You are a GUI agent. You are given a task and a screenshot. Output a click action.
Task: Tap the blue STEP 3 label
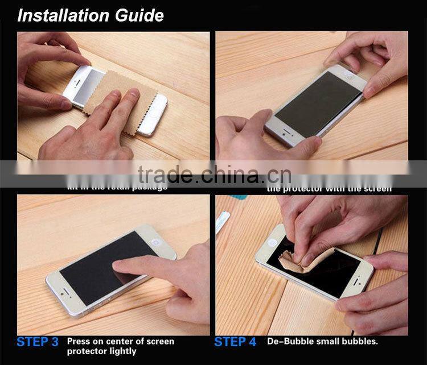pyautogui.click(x=38, y=342)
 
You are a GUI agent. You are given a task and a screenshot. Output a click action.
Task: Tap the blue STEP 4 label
pyautogui.click(x=235, y=342)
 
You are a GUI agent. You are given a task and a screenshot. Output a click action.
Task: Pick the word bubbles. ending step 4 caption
pyautogui.click(x=358, y=342)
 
